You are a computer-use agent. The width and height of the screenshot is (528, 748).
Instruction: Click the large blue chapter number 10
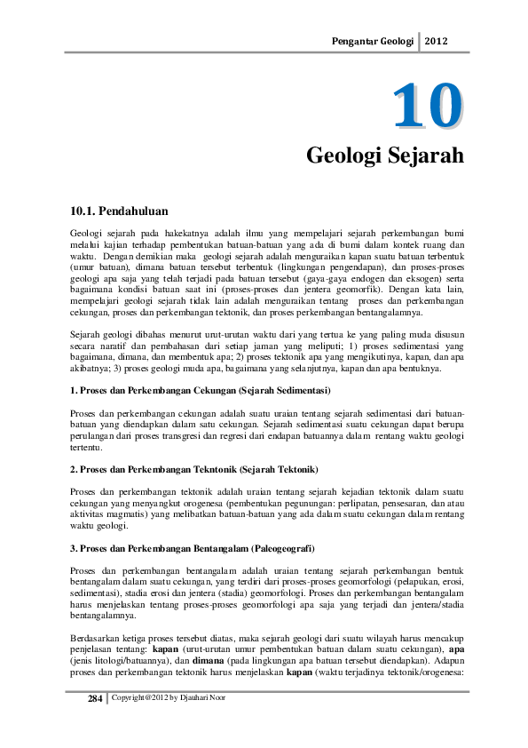(x=429, y=107)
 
